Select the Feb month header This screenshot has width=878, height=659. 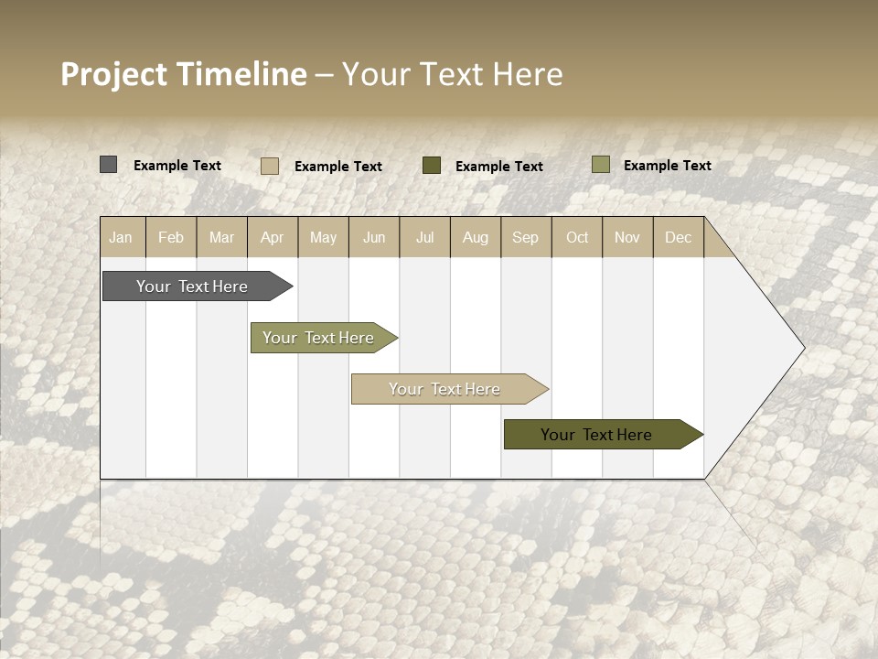(x=171, y=237)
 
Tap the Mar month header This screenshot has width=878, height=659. (x=221, y=237)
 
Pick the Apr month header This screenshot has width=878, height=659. (x=273, y=237)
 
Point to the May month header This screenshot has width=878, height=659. (x=323, y=237)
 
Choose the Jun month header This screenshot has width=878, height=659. (x=374, y=237)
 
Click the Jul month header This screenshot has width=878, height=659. (x=424, y=237)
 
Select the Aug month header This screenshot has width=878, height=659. (x=476, y=237)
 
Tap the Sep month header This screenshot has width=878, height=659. (x=526, y=237)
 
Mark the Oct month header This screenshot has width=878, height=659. (x=577, y=237)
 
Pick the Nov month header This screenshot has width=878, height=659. (x=627, y=237)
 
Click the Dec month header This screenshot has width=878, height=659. (x=679, y=237)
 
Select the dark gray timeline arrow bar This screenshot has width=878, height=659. (x=193, y=286)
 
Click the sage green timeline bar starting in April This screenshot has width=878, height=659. (x=319, y=338)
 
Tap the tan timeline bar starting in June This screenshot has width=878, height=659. (x=445, y=389)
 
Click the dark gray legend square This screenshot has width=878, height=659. (x=108, y=165)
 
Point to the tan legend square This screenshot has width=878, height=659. (x=270, y=166)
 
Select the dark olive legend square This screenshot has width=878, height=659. (x=432, y=165)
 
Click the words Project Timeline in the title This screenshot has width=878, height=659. (x=184, y=74)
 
